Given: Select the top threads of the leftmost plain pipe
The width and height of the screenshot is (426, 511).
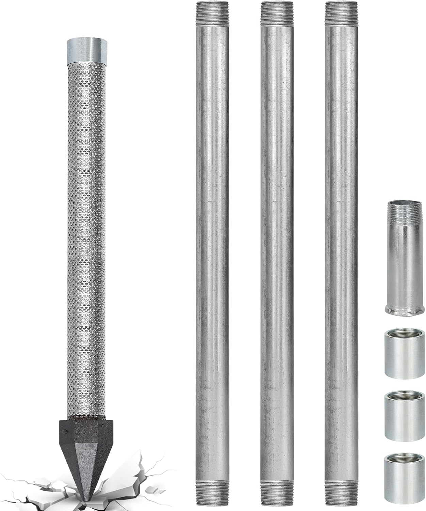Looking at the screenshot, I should (x=212, y=14).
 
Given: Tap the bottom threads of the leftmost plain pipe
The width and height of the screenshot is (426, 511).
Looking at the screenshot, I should (x=212, y=497).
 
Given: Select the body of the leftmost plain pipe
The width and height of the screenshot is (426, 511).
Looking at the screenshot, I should (x=212, y=255).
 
